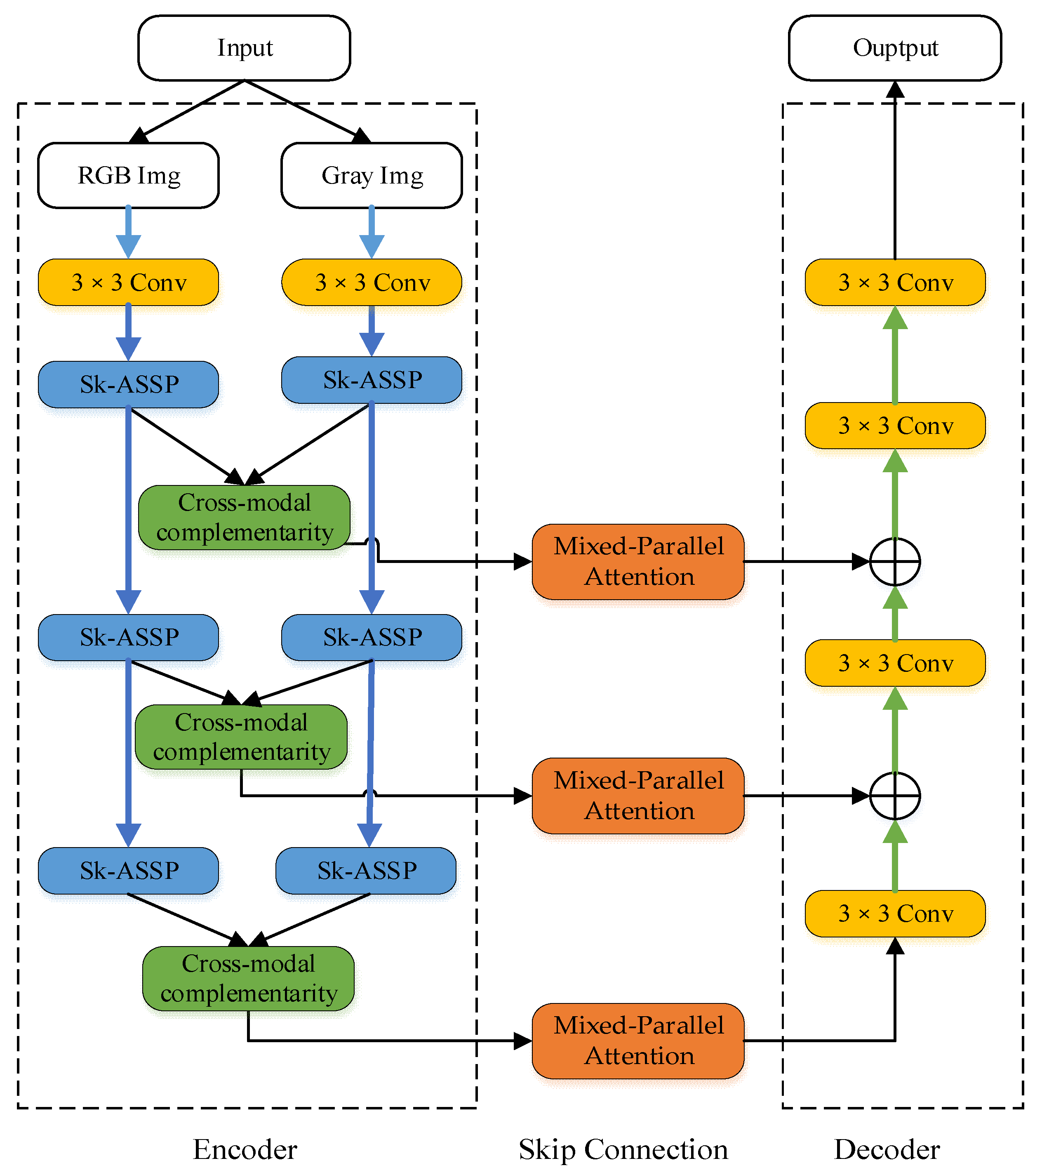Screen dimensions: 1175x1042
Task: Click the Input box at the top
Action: coord(244,48)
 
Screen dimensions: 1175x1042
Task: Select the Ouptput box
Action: coord(895,48)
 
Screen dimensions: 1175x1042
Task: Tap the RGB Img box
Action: coord(128,175)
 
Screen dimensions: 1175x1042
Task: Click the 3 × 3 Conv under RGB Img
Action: coord(128,282)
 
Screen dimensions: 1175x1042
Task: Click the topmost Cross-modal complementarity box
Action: coord(244,517)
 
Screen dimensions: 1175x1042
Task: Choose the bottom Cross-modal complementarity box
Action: coord(248,978)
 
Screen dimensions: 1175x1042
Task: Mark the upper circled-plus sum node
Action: coord(895,562)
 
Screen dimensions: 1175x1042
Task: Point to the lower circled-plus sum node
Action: coord(895,796)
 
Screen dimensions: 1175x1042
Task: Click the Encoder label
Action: coord(245,1150)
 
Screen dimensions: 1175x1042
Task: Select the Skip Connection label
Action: coord(623,1150)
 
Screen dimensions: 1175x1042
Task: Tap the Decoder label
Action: coord(887,1150)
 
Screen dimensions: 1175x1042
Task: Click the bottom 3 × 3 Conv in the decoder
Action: coord(895,914)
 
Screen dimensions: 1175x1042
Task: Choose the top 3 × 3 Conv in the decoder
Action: coord(895,282)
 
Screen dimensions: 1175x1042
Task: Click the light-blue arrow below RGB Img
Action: coord(128,233)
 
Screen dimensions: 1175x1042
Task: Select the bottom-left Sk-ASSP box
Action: coord(128,870)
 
